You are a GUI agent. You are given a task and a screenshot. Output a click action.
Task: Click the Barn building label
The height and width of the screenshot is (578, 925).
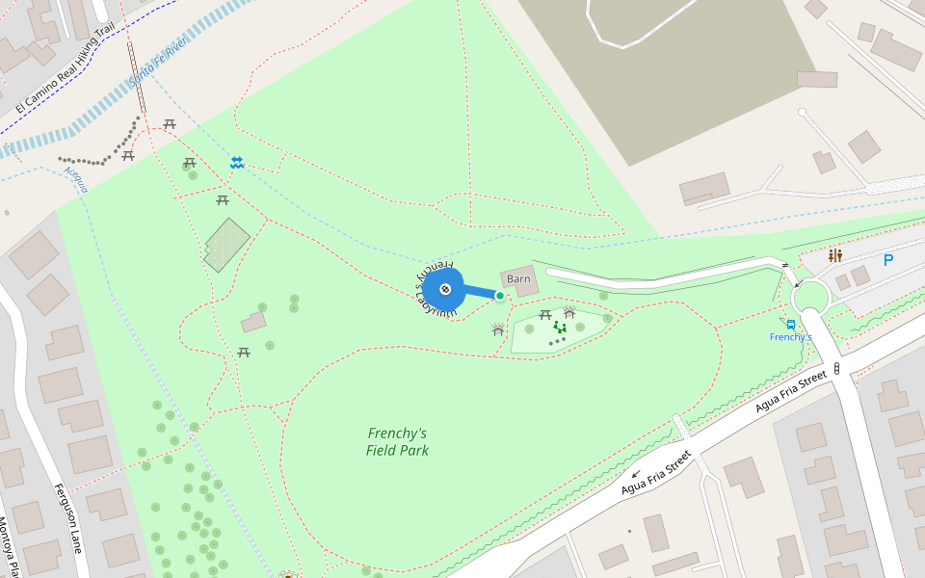pos(518,279)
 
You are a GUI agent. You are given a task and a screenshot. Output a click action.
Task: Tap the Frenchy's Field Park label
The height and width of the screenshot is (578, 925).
pos(397,442)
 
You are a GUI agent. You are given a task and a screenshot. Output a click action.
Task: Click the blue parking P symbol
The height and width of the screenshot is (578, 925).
pos(887,260)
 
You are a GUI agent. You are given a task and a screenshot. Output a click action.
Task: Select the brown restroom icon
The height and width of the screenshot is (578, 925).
pos(834,255)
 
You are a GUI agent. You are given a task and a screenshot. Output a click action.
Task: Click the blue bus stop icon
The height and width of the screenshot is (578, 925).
pos(791,325)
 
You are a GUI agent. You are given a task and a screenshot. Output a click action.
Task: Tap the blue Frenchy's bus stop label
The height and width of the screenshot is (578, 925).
pos(791,337)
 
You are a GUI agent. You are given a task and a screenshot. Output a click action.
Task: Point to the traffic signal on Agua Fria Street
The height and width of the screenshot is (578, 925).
pos(836,369)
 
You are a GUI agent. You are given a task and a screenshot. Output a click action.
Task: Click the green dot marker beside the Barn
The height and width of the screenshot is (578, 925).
pos(500,296)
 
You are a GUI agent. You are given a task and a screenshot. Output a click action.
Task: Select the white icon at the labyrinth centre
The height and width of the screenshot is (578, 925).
pos(445,289)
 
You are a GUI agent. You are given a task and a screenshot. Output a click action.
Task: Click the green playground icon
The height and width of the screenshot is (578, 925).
pos(560,328)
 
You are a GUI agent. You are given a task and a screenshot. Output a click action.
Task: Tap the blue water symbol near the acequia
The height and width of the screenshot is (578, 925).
pos(237,163)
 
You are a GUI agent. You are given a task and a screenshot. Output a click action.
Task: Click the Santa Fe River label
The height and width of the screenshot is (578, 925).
pos(157,65)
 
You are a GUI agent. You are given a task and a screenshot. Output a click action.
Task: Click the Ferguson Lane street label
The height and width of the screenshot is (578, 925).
pos(68,517)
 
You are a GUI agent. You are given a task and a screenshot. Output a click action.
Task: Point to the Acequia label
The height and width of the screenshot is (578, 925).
pos(75,178)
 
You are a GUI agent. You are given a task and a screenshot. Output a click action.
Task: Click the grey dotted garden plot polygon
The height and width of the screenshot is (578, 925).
pos(226,245)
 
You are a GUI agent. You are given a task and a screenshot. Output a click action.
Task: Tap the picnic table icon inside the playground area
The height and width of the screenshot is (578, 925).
pos(545,315)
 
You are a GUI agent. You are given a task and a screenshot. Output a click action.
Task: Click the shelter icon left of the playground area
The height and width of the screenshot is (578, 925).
pos(498,330)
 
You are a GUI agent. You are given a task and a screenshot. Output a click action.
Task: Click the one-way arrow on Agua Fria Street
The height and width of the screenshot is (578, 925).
pos(635,474)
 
